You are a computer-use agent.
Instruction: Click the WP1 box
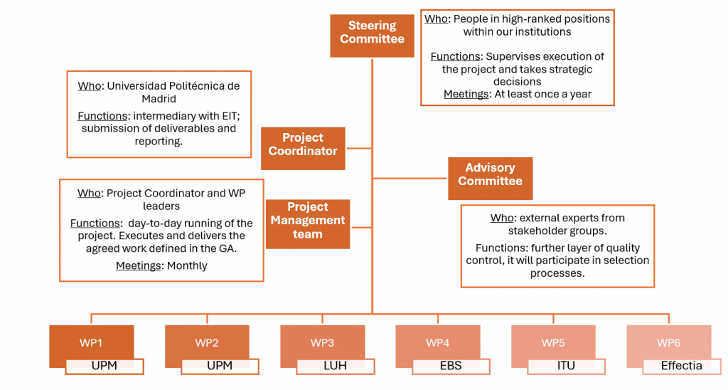91,343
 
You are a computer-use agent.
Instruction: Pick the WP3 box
322,343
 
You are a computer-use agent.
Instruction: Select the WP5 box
553,343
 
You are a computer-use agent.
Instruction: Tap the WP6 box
669,343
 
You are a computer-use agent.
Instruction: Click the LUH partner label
335,366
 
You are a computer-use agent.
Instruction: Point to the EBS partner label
451,366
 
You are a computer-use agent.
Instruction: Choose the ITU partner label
566,366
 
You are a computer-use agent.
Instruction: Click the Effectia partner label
681,366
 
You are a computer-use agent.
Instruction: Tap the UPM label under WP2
220,366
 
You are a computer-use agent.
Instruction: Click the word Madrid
159,99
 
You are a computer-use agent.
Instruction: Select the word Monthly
187,265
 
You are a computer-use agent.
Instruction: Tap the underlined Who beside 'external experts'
502,218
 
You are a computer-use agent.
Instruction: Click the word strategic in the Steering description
565,70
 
